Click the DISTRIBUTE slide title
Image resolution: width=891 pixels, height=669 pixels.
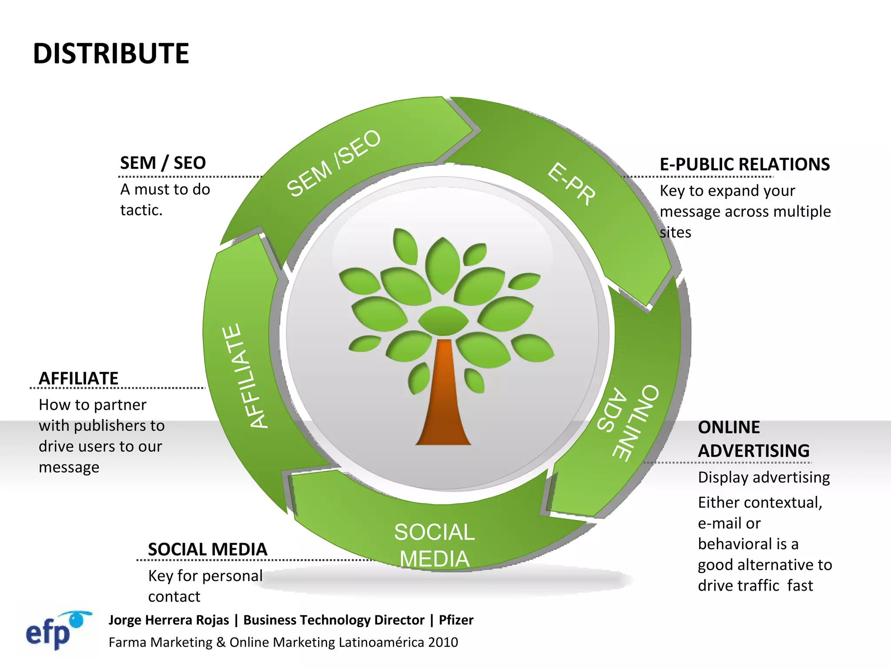coord(111,54)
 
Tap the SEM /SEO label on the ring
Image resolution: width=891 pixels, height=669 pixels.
coord(334,163)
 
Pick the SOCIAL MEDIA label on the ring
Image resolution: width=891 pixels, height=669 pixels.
coord(434,545)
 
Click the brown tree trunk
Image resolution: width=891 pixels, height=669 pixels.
coord(443,401)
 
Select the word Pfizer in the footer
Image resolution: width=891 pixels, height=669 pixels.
coord(456,620)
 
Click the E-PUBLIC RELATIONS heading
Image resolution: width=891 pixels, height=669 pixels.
coord(744,165)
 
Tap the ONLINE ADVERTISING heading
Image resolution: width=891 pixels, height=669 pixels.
coord(753,439)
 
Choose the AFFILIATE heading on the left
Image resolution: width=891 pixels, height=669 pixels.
coord(79,378)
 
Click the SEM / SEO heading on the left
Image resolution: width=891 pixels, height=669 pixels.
coord(163,163)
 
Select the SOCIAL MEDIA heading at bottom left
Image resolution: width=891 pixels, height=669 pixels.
coord(208,549)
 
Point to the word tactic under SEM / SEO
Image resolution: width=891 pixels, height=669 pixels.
coord(140,210)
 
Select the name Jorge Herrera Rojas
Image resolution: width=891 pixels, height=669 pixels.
coord(169,620)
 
